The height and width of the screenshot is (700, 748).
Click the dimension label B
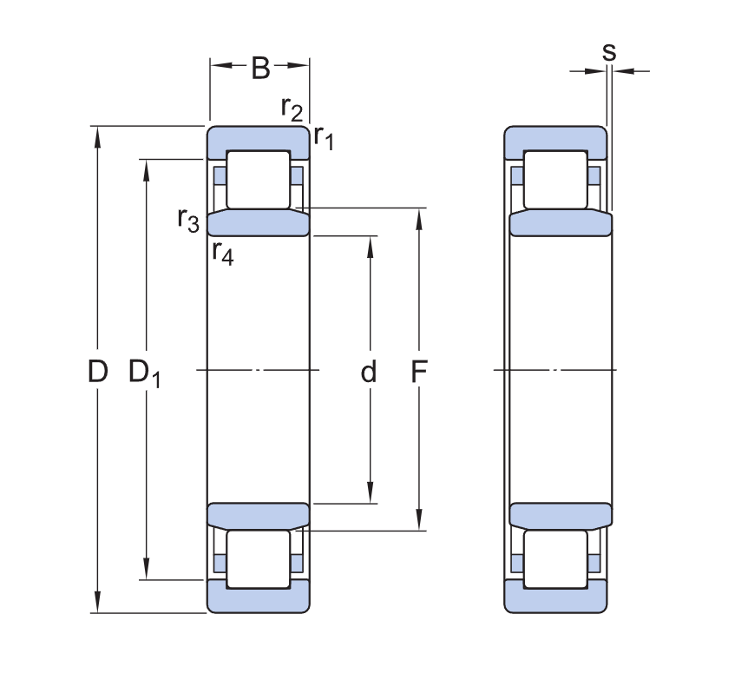pos(260,68)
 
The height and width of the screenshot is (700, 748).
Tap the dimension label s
pos(608,52)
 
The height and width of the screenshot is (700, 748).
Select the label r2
pos(292,109)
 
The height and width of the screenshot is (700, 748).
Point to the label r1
pos(324,137)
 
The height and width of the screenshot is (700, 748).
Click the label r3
pos(188,220)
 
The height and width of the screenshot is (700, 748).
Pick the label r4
pos(223,253)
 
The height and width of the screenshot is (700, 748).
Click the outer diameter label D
pos(98,371)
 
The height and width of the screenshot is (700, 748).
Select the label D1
pos(145,373)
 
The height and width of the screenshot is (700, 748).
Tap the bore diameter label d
pos(368,371)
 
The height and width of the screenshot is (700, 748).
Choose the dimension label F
pos(419,371)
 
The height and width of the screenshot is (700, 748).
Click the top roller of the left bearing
pos(258,180)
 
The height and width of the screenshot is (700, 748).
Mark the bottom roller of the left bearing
pos(258,559)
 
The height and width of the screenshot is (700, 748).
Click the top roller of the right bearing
pos(555,180)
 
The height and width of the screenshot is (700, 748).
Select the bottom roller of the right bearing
pos(555,559)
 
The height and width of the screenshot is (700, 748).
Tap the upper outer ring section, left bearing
pos(258,138)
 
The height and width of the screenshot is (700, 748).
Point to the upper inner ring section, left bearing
pos(258,223)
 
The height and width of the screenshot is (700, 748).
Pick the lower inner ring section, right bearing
pos(561,515)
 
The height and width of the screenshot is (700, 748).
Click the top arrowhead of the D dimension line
pos(98,137)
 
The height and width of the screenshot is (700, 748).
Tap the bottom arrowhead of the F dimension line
pos(419,520)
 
